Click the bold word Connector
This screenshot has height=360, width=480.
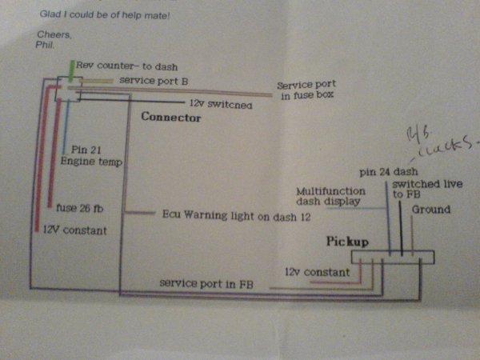click(x=170, y=118)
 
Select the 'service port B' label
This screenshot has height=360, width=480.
click(x=154, y=81)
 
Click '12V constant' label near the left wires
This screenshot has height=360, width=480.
click(x=74, y=230)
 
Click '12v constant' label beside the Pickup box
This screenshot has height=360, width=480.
click(x=317, y=273)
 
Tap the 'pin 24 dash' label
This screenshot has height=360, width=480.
click(x=390, y=171)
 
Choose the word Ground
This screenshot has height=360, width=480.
click(x=431, y=210)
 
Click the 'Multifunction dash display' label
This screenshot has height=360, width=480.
click(x=331, y=197)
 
